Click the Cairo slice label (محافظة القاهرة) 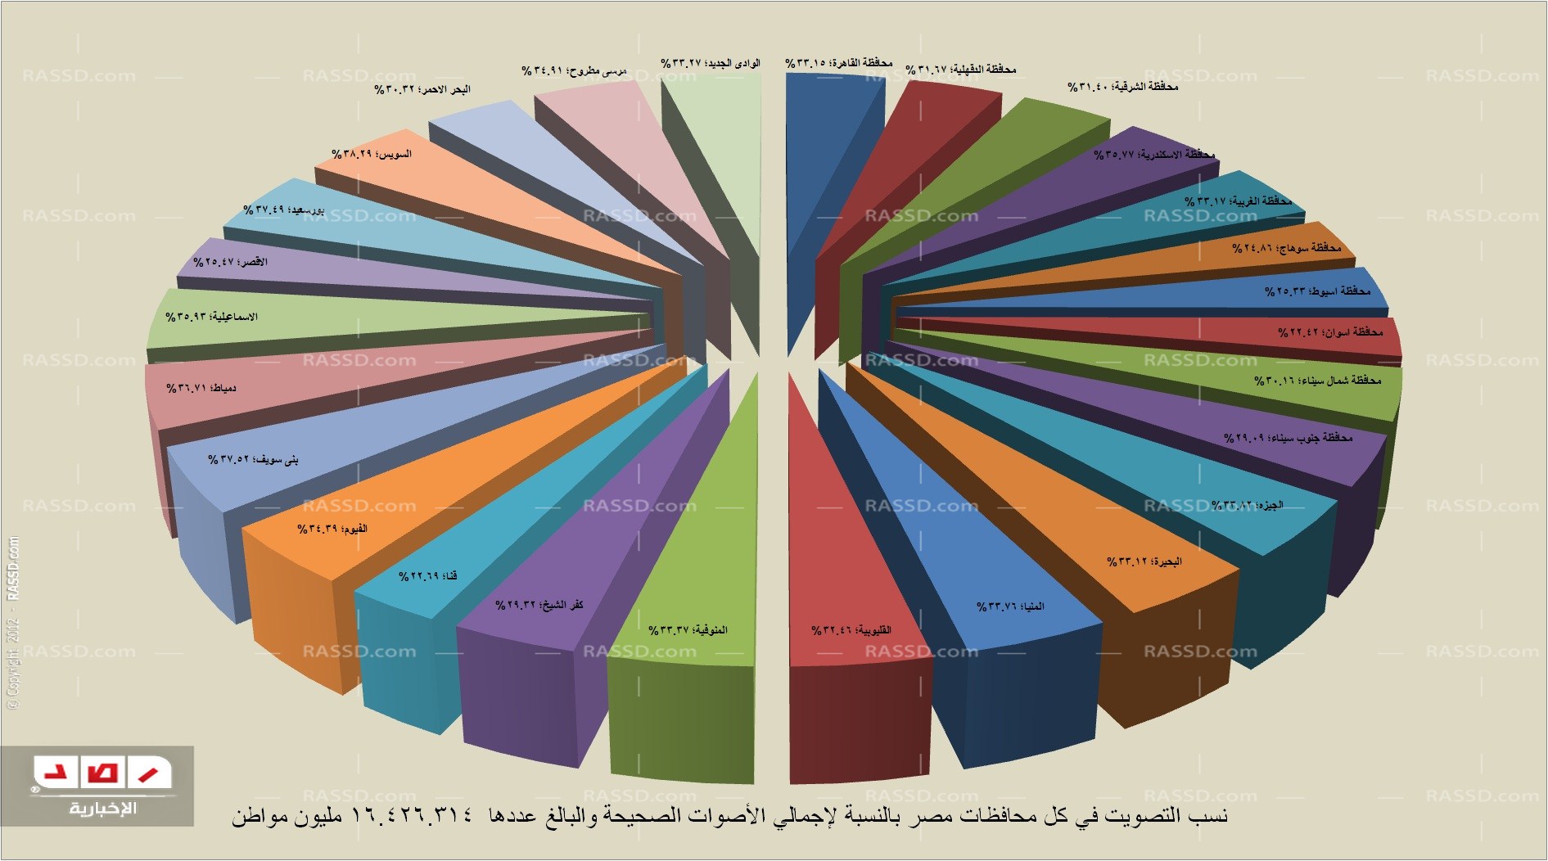838,63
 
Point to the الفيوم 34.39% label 332,530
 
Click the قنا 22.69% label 427,576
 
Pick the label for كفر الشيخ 539,605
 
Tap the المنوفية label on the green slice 688,630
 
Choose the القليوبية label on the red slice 851,630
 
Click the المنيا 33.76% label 1010,606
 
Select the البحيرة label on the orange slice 1144,562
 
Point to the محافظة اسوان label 1329,332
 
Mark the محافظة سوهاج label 1286,247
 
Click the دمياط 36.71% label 201,388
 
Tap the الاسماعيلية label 211,317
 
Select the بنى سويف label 253,459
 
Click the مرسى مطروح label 574,71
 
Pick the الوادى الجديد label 710,63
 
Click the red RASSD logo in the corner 102,772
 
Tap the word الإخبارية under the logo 102,809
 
